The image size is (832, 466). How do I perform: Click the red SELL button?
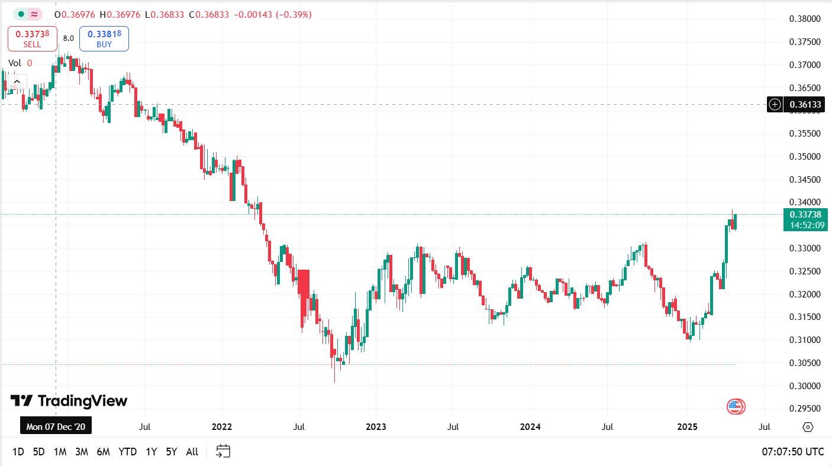pyautogui.click(x=33, y=38)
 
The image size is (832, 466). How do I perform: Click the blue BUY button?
pyautogui.click(x=104, y=38)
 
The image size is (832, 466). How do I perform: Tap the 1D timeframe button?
pyautogui.click(x=18, y=452)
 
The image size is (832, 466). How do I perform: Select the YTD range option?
pyautogui.click(x=127, y=452)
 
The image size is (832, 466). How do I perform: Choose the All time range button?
pyautogui.click(x=192, y=452)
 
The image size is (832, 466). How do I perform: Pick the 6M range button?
pyautogui.click(x=103, y=452)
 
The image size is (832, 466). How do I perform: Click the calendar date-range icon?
pyautogui.click(x=223, y=451)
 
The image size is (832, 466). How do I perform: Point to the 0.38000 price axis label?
pyautogui.click(x=805, y=19)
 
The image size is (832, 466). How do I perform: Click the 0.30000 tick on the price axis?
pyautogui.click(x=805, y=386)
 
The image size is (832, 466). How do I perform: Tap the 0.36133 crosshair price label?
pyautogui.click(x=805, y=105)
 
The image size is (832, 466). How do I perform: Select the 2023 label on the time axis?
pyautogui.click(x=376, y=427)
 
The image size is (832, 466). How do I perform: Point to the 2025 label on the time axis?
pyautogui.click(x=688, y=427)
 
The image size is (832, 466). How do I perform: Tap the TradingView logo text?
pyautogui.click(x=69, y=401)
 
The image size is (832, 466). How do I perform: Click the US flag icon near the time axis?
pyautogui.click(x=736, y=406)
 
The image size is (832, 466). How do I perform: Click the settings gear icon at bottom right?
pyautogui.click(x=808, y=427)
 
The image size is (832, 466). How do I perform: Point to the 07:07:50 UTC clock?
pyautogui.click(x=792, y=452)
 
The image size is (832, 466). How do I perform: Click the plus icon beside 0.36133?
pyautogui.click(x=775, y=105)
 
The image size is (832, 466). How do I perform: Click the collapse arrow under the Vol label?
pyautogui.click(x=17, y=82)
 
